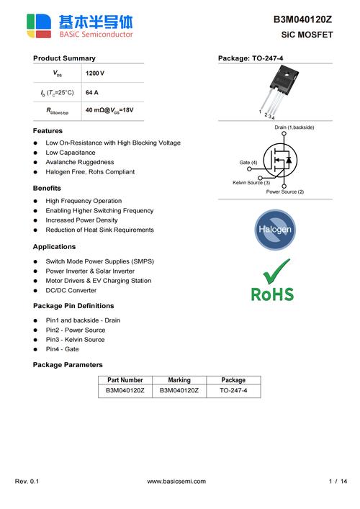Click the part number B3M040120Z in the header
coord(302,20)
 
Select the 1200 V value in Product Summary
coord(95,74)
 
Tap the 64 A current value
coord(92,93)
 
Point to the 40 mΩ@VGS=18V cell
coord(109,111)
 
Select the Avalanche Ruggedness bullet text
coord(80,163)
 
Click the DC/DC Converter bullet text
coord(71,290)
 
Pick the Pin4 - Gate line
coord(63,349)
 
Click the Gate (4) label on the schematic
coord(248,163)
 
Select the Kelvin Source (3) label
coord(251,183)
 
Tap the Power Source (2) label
coord(285,192)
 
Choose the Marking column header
coord(179,380)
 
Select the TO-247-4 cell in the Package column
coord(233,390)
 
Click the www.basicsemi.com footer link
coord(176,481)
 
